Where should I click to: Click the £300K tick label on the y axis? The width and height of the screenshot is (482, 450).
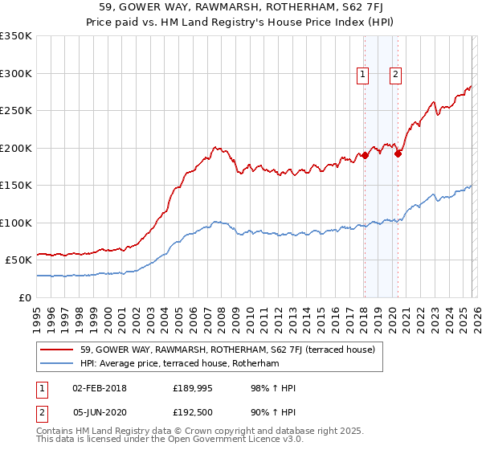pos(15,73)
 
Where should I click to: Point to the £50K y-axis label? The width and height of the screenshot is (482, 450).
pos(18,260)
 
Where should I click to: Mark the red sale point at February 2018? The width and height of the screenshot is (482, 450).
pos(364,155)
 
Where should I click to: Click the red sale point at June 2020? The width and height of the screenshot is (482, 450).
pos(398,153)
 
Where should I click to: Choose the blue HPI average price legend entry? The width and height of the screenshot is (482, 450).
pos(178,364)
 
